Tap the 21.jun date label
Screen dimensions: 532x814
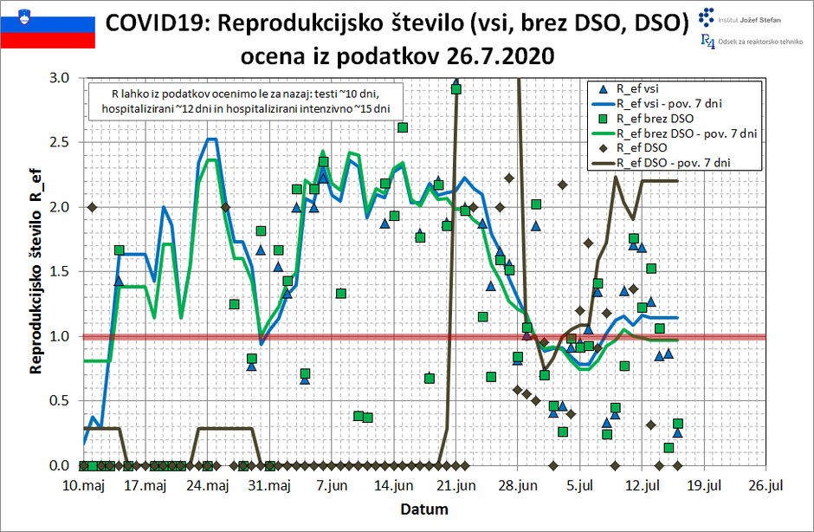[x=455, y=486]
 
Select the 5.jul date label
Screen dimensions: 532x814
[x=578, y=486]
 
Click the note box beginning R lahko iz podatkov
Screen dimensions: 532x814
[x=246, y=101]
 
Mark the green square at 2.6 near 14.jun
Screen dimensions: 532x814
[x=403, y=127]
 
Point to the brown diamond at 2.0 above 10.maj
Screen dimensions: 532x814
[x=93, y=206]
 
